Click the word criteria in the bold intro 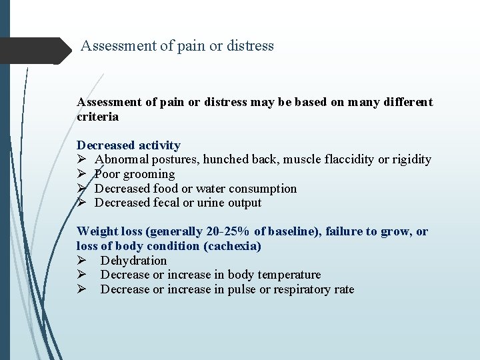[x=98, y=117]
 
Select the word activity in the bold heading [x=157, y=145]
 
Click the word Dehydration [x=133, y=261]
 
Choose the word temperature [x=288, y=275]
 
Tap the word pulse [x=242, y=289]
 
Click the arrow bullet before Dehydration [x=81, y=261]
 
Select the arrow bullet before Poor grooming [x=81, y=175]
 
